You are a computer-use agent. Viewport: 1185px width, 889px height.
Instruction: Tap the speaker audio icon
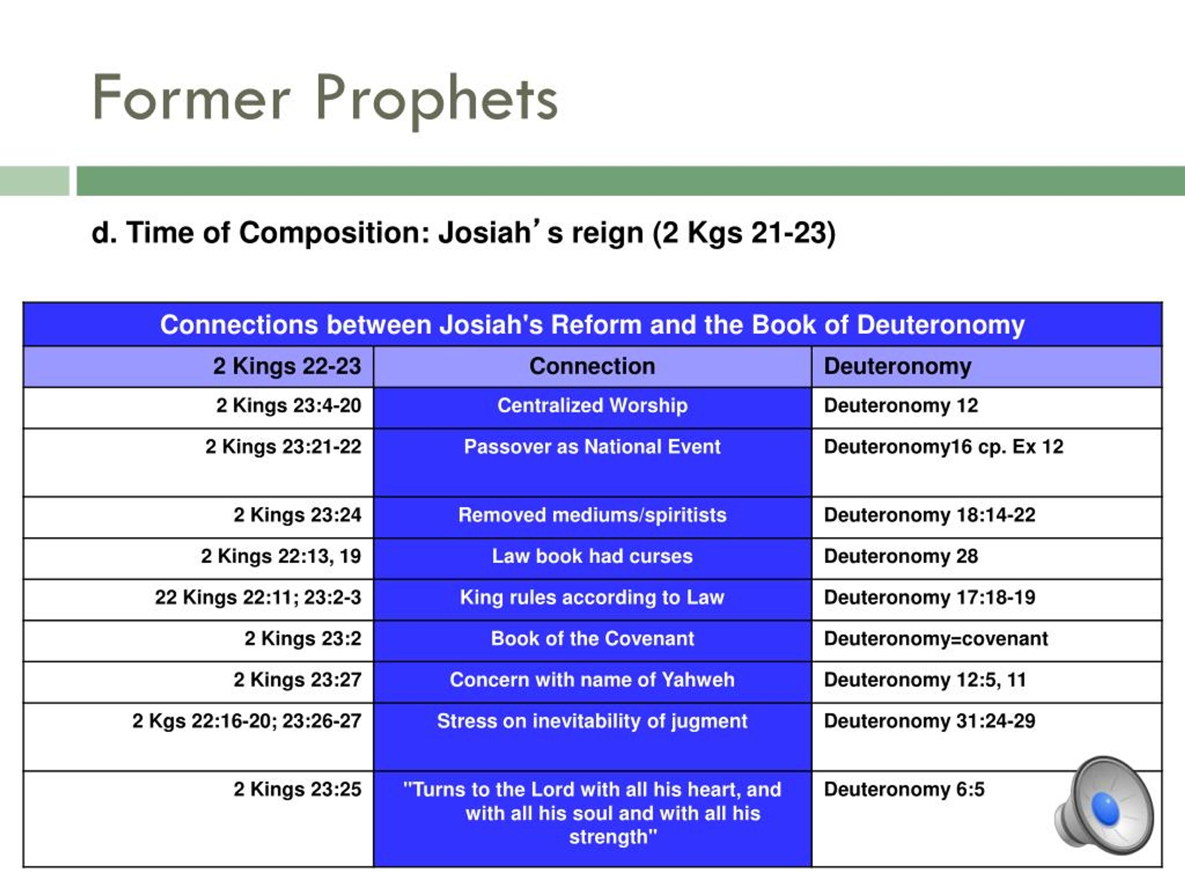[1104, 805]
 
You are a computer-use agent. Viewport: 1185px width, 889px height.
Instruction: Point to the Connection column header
[592, 367]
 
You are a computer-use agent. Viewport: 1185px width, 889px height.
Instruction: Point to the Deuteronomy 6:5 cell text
[904, 790]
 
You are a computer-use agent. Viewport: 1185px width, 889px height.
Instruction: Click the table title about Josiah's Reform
[592, 325]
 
